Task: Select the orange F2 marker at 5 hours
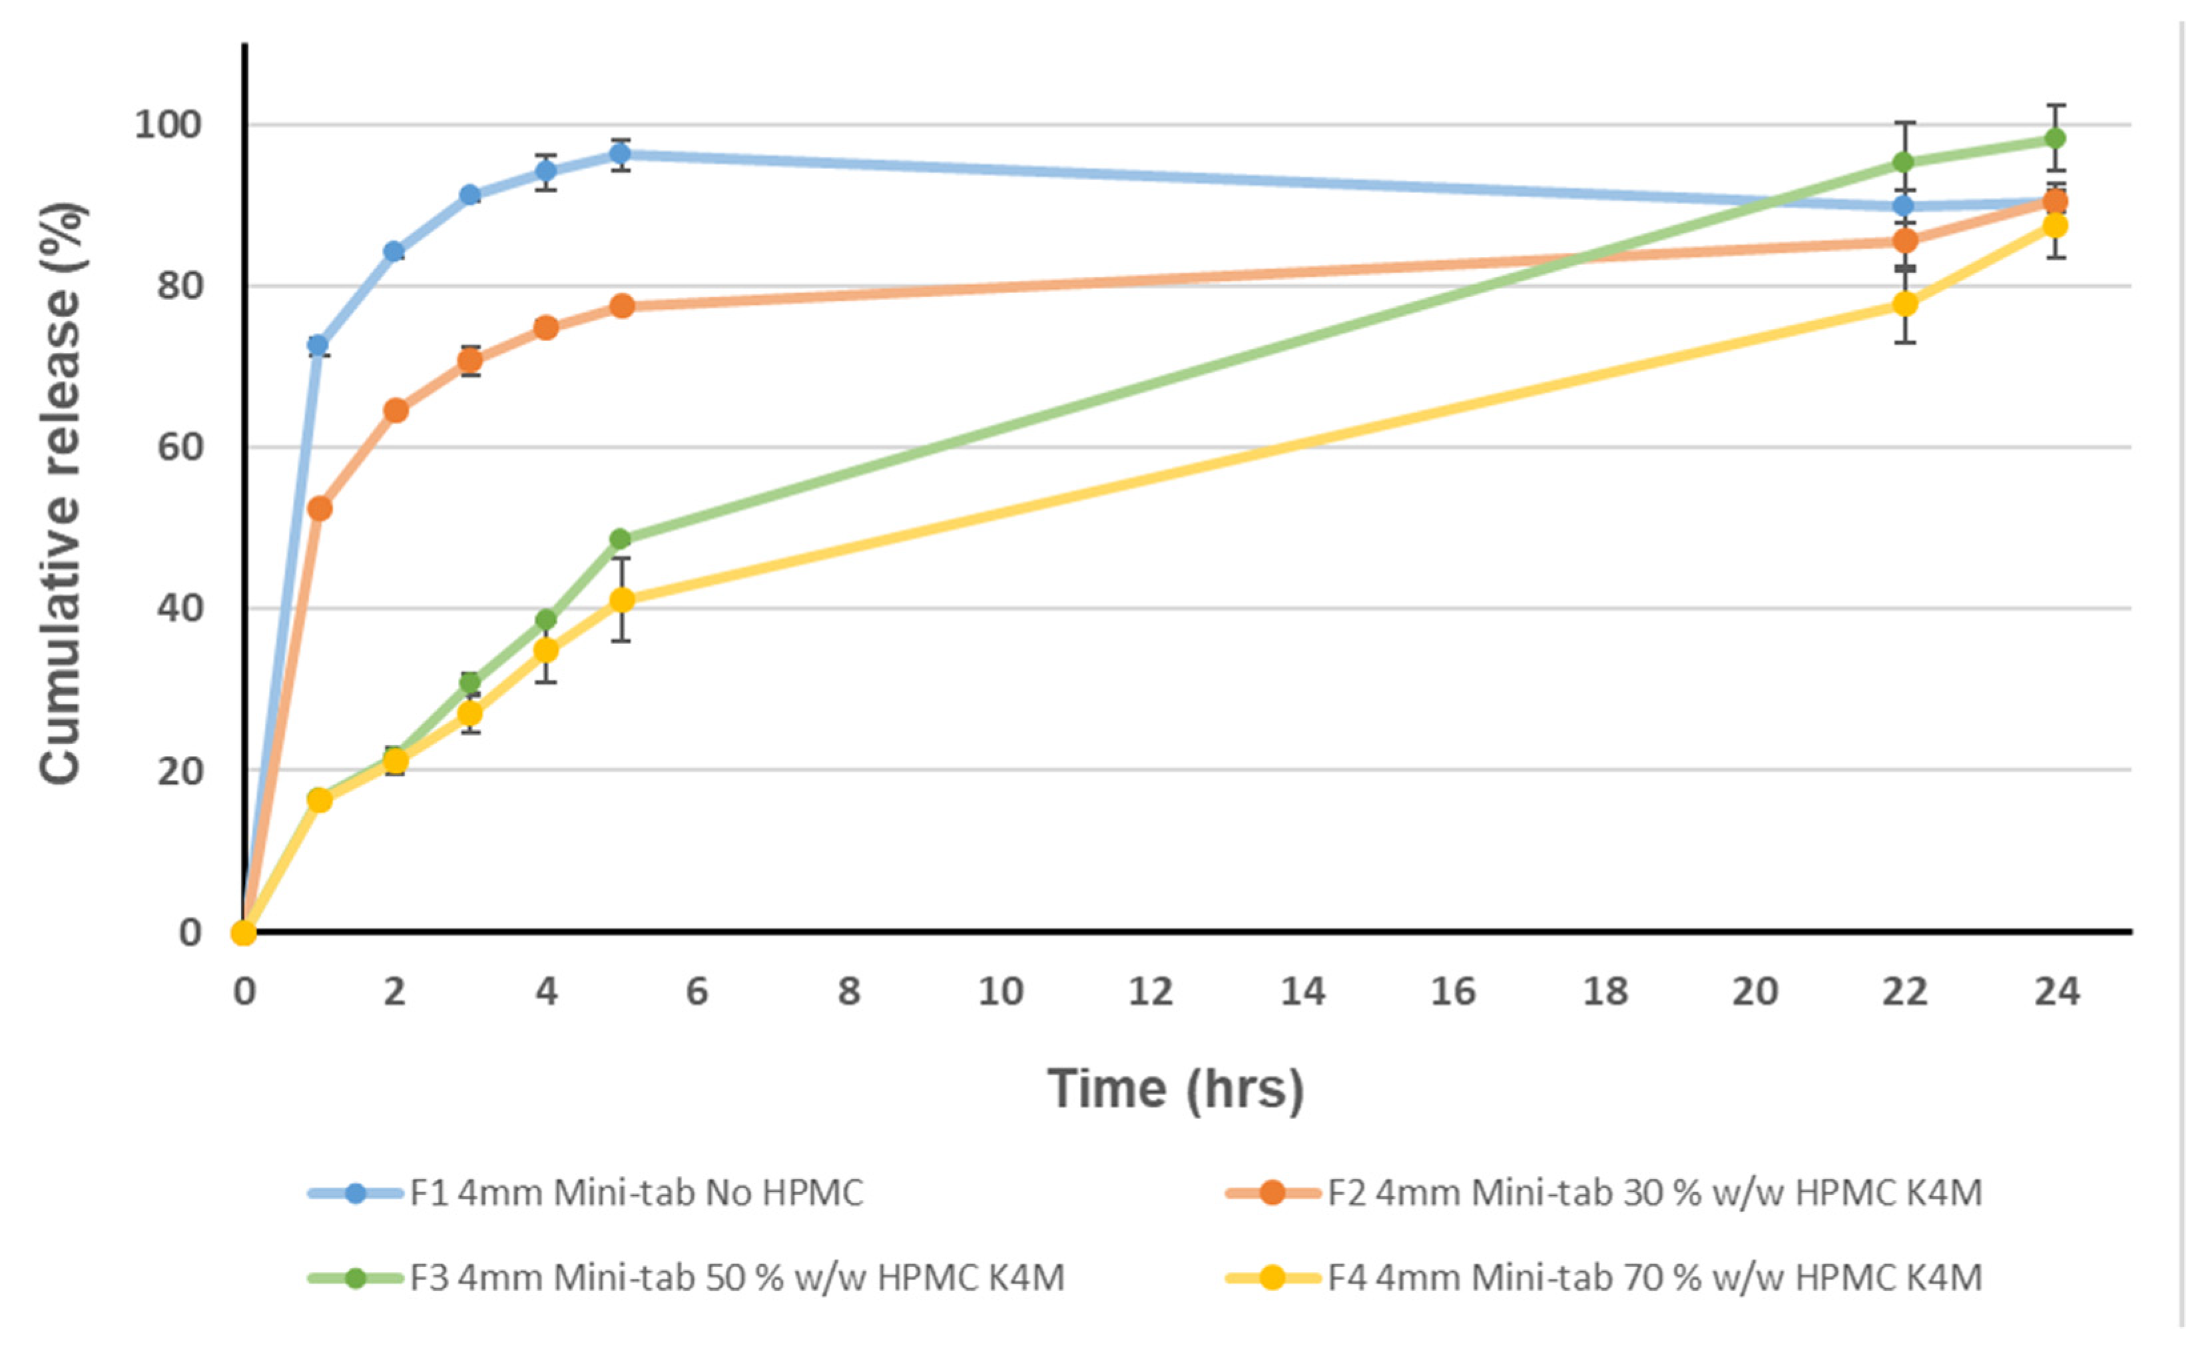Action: (622, 306)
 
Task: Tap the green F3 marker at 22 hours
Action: (1904, 163)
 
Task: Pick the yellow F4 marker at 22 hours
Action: (1904, 304)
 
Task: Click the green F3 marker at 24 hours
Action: (2056, 138)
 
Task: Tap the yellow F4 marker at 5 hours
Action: (622, 600)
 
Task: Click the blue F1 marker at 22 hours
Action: (1904, 206)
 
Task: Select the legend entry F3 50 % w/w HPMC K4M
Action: (736, 1278)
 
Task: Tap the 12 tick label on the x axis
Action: (1151, 991)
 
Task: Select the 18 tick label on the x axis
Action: (1604, 991)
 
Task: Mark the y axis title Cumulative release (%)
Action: (61, 493)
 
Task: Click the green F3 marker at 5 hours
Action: (621, 539)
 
